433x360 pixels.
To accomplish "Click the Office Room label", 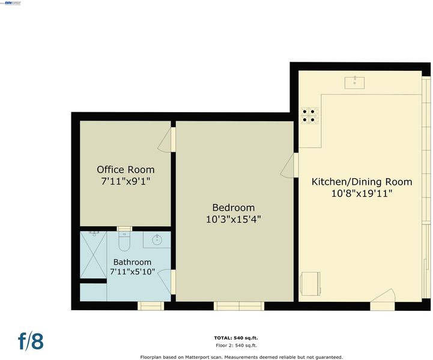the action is (126, 169).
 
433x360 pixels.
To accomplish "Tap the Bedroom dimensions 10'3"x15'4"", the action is (234, 220).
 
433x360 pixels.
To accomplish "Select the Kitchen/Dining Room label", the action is (362, 182).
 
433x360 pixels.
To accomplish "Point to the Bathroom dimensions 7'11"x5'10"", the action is (133, 272).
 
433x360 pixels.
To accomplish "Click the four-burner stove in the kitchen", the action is (309, 115).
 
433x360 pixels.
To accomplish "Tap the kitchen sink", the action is (354, 82).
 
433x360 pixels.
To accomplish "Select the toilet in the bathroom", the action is (124, 241).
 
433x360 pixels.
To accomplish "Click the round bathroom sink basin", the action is (157, 239).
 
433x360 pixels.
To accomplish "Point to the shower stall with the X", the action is (93, 254).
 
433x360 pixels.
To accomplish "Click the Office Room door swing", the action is (165, 140).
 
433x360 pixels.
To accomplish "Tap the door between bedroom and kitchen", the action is (288, 166).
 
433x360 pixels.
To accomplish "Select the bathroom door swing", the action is (165, 281).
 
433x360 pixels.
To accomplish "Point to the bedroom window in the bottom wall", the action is (239, 306).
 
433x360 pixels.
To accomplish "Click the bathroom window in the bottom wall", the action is (151, 306).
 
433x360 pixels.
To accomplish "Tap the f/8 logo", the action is (31, 341).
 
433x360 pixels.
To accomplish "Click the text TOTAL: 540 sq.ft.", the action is (236, 338).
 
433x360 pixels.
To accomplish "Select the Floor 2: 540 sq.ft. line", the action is (236, 346).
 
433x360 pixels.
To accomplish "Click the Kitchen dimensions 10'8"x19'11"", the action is (362, 194).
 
